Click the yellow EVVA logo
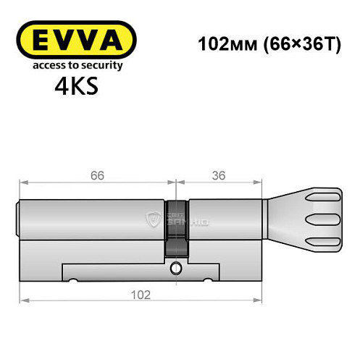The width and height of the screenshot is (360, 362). coord(75,41)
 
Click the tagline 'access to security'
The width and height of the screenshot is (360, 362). coord(75,64)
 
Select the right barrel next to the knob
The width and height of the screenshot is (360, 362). coord(224,216)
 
